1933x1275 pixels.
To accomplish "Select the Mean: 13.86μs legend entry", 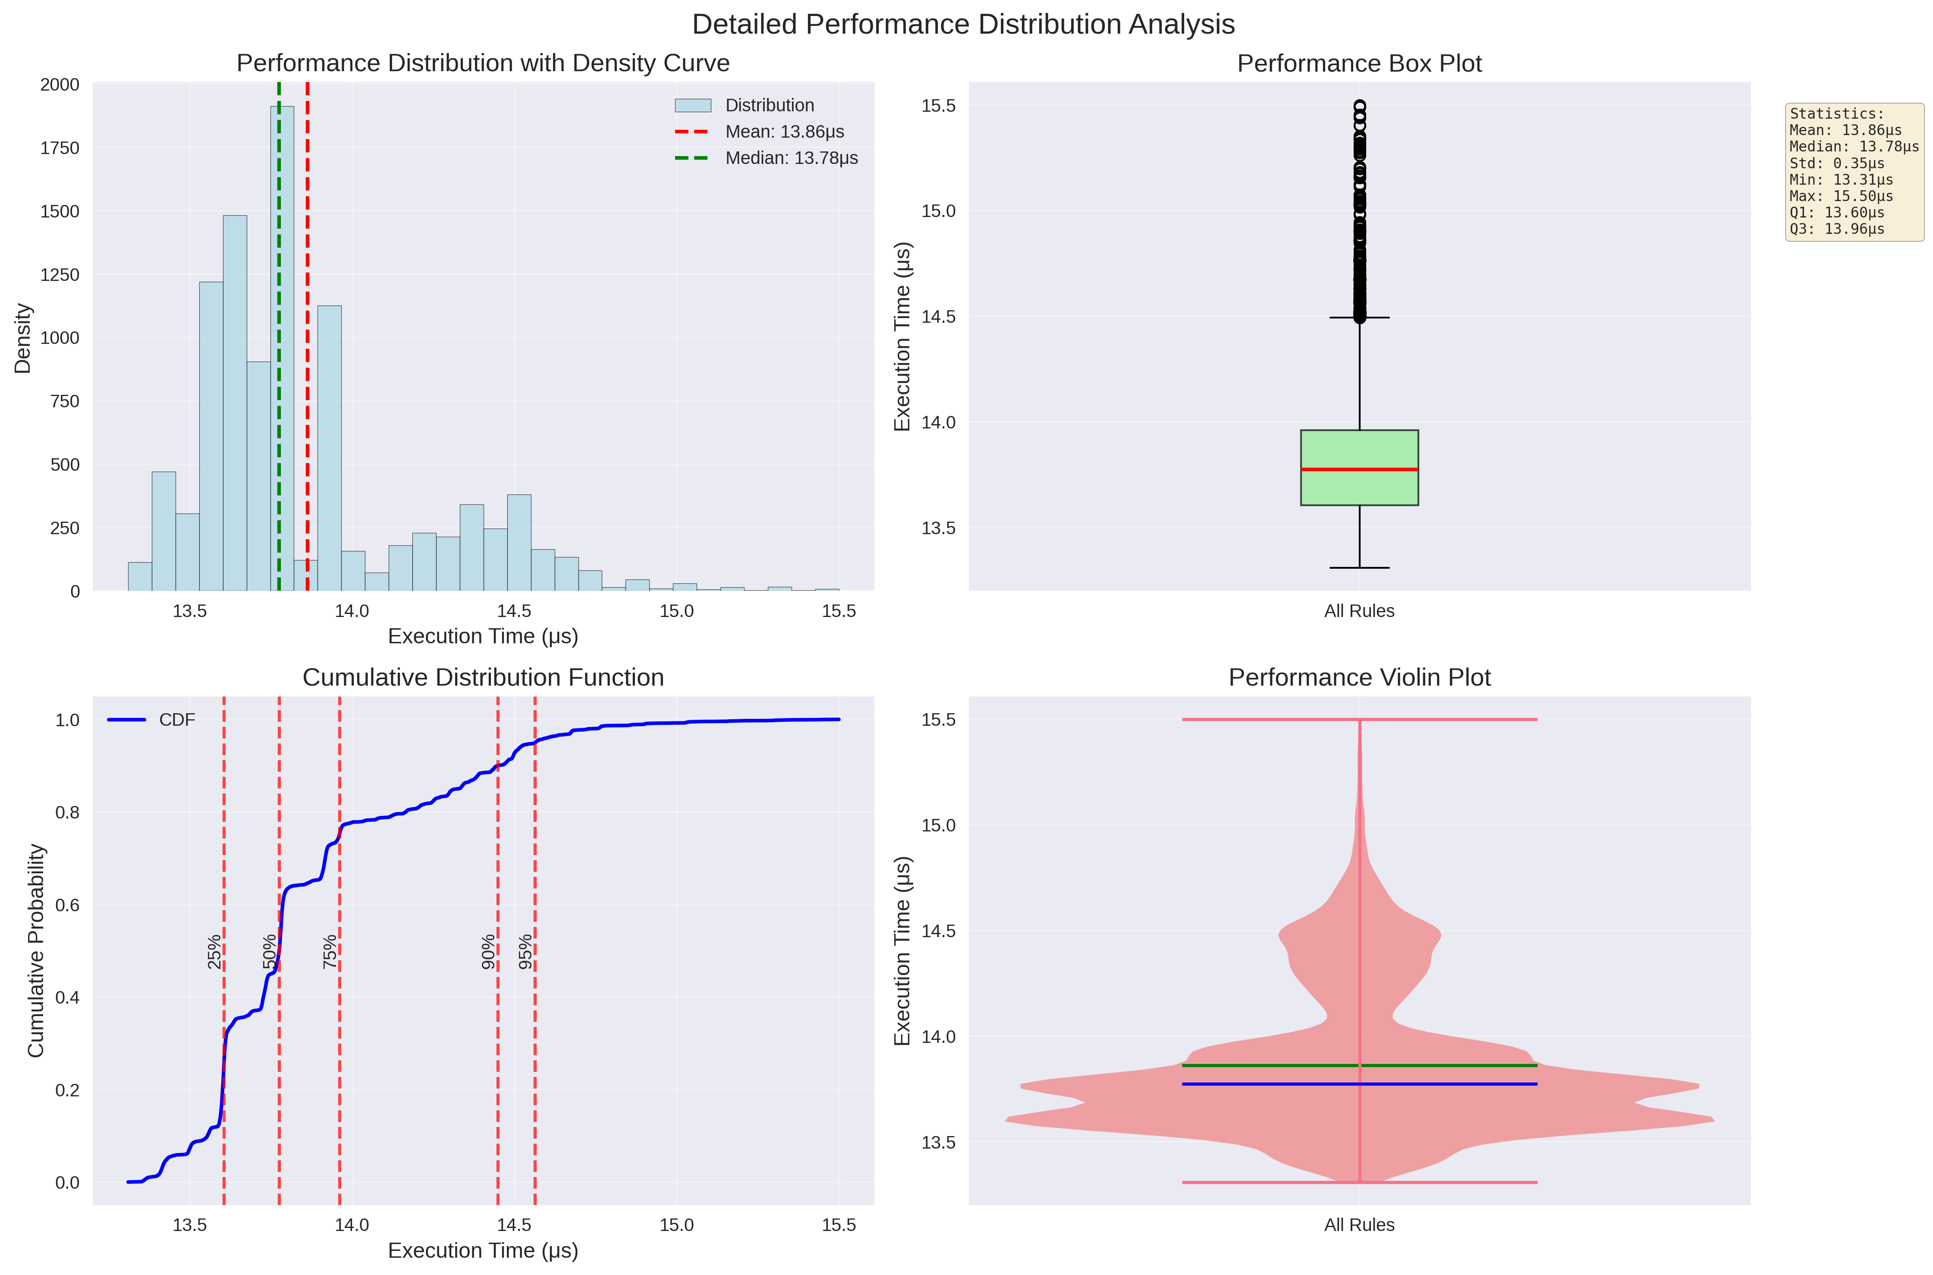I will (x=784, y=132).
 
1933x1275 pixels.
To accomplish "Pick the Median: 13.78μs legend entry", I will (x=790, y=158).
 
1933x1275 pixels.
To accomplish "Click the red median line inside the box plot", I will (x=1359, y=469).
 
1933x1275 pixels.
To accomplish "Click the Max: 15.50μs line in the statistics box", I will (x=1841, y=196).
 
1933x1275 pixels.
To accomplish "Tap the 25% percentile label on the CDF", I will (x=214, y=951).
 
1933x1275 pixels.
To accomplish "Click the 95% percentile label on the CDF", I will (x=526, y=951).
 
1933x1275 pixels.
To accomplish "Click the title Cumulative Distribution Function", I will (x=483, y=677).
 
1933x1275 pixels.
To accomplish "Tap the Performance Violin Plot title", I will (x=1359, y=677).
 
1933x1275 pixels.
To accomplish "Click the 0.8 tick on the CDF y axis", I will (x=67, y=812).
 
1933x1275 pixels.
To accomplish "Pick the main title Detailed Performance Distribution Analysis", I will (x=963, y=25).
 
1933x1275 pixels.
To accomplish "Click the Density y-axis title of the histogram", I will (x=23, y=338).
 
